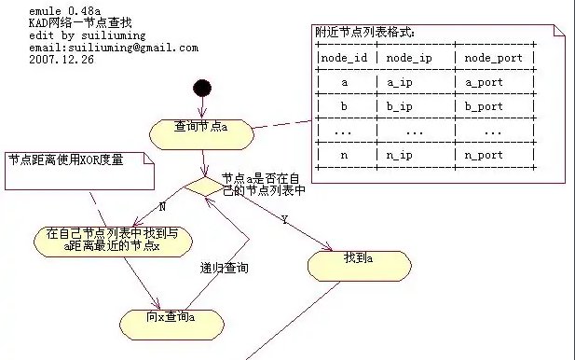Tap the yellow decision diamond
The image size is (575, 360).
coord(202,184)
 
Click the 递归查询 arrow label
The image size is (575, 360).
coord(225,268)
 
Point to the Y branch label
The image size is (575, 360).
coord(282,220)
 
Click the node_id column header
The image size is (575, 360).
coord(345,58)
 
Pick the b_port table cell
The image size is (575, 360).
coord(484,106)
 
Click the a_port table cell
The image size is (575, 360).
coord(484,82)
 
